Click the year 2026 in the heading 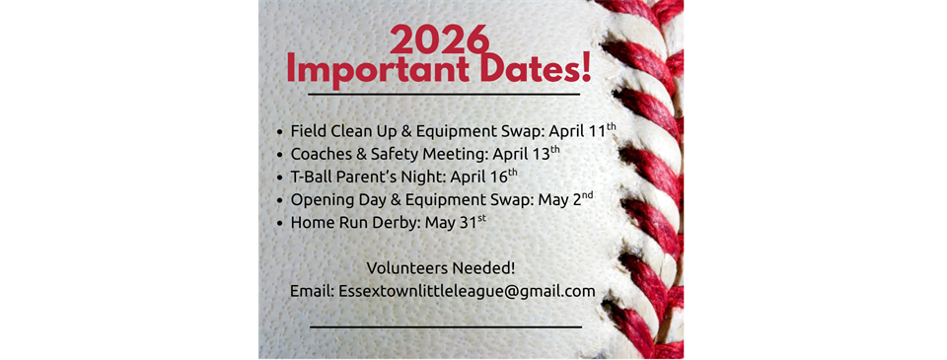440,38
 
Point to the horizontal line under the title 444,95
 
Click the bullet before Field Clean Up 280,131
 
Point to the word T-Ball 313,177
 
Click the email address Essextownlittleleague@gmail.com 467,292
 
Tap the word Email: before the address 312,292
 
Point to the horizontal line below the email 446,325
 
